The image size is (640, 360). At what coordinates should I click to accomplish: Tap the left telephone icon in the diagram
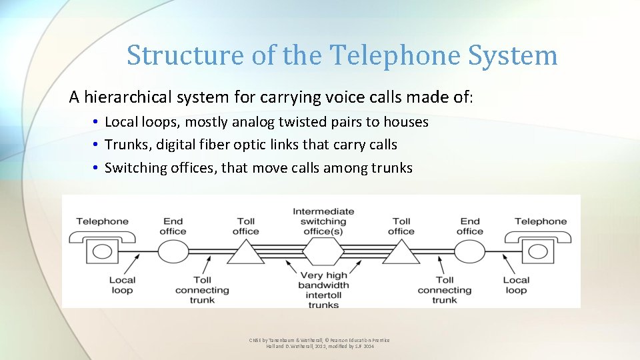point(103,250)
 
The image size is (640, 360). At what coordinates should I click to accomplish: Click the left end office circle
point(173,252)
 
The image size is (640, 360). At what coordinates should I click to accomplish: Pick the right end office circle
point(469,252)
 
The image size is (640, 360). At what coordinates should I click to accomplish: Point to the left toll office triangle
point(246,253)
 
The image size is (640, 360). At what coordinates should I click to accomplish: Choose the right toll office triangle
point(401,253)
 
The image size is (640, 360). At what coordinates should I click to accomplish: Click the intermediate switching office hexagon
point(323,252)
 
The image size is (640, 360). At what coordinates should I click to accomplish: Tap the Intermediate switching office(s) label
point(323,221)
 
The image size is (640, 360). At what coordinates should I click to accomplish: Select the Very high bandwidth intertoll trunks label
point(323,290)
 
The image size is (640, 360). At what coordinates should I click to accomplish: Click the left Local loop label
point(122,285)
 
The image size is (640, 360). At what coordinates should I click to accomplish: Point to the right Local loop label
point(516,285)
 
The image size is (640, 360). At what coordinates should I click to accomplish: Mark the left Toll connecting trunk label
point(202,290)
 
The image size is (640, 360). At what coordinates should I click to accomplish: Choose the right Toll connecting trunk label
point(445,290)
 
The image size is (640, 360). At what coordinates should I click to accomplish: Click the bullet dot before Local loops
point(97,123)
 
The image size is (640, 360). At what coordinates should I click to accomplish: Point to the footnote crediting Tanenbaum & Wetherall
point(320,343)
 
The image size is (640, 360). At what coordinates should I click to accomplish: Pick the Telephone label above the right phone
point(541,221)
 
